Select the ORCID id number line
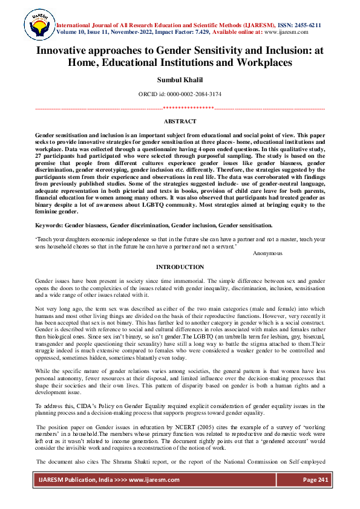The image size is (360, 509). [x=180, y=94]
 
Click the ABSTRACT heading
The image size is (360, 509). [x=180, y=122]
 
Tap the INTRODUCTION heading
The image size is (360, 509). [x=180, y=267]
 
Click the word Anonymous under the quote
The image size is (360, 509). [x=267, y=253]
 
